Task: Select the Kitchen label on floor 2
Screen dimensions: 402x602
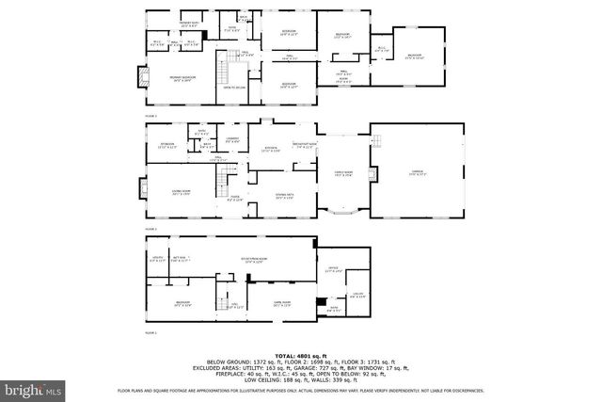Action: [x=270, y=149]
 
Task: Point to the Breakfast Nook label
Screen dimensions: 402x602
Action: [x=304, y=144]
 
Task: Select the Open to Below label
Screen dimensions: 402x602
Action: [x=234, y=88]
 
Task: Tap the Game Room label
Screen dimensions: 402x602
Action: [x=282, y=303]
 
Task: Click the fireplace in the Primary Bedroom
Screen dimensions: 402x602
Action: [x=143, y=76]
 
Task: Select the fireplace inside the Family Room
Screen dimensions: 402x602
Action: [x=374, y=174]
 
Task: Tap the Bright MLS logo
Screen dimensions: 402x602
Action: [x=33, y=388]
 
